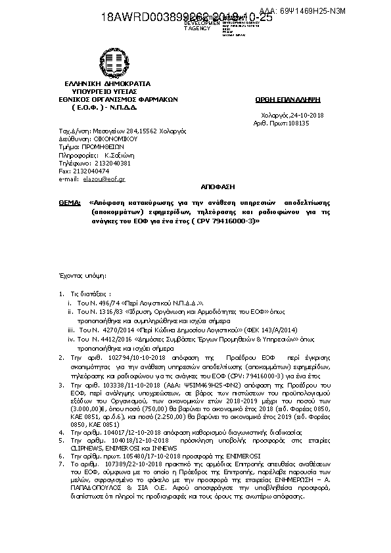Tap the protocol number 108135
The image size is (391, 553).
click(x=302, y=122)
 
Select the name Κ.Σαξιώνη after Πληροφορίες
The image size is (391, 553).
click(x=116, y=155)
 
